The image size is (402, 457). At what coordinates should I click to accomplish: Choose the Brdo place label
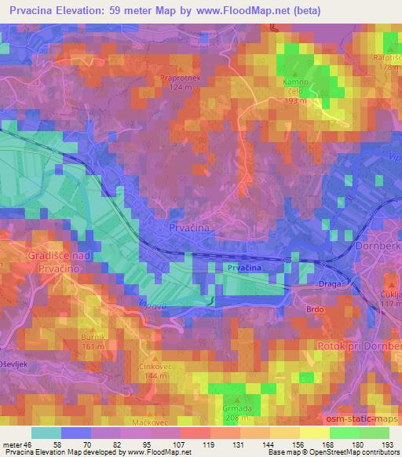pyautogui.click(x=314, y=309)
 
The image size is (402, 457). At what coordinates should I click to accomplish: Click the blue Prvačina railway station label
pyautogui.click(x=244, y=269)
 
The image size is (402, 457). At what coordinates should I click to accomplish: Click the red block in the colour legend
pyautogui.click(x=193, y=433)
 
